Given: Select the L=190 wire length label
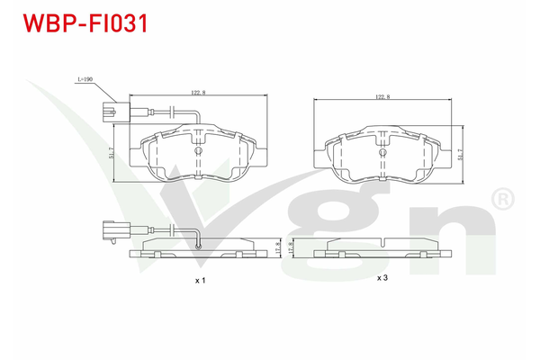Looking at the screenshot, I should click(85, 80).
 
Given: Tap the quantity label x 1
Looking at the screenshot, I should click(200, 281).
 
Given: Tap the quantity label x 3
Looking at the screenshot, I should click(382, 278).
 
